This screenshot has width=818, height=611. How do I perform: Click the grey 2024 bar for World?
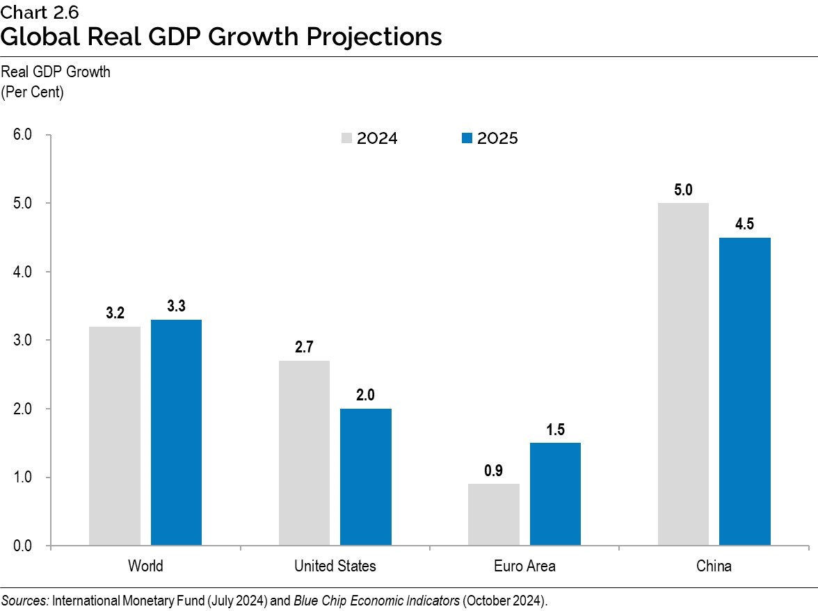pos(115,436)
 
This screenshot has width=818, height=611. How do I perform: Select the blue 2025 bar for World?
pos(176,432)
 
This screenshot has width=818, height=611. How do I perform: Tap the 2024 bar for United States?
pos(304,453)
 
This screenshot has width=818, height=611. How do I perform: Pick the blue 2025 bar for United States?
pos(366,477)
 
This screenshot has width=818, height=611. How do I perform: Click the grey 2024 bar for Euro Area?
pos(493,514)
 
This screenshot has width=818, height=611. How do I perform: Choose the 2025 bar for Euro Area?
pos(555,494)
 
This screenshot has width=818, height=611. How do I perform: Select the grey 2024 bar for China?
pos(683,374)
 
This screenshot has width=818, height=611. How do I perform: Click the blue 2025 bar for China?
pos(744,391)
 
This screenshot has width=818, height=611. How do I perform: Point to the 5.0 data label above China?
pos(683,190)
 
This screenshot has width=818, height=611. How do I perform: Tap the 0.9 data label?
pos(493,471)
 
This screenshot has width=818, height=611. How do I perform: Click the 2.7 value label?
pos(304,348)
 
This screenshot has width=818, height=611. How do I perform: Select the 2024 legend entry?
pos(369,138)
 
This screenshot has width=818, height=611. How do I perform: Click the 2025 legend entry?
pos(490,138)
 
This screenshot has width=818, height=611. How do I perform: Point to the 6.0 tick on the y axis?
pos(23,135)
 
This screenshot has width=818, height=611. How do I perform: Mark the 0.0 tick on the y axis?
pos(23,546)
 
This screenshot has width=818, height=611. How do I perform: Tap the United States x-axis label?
pos(335,566)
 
